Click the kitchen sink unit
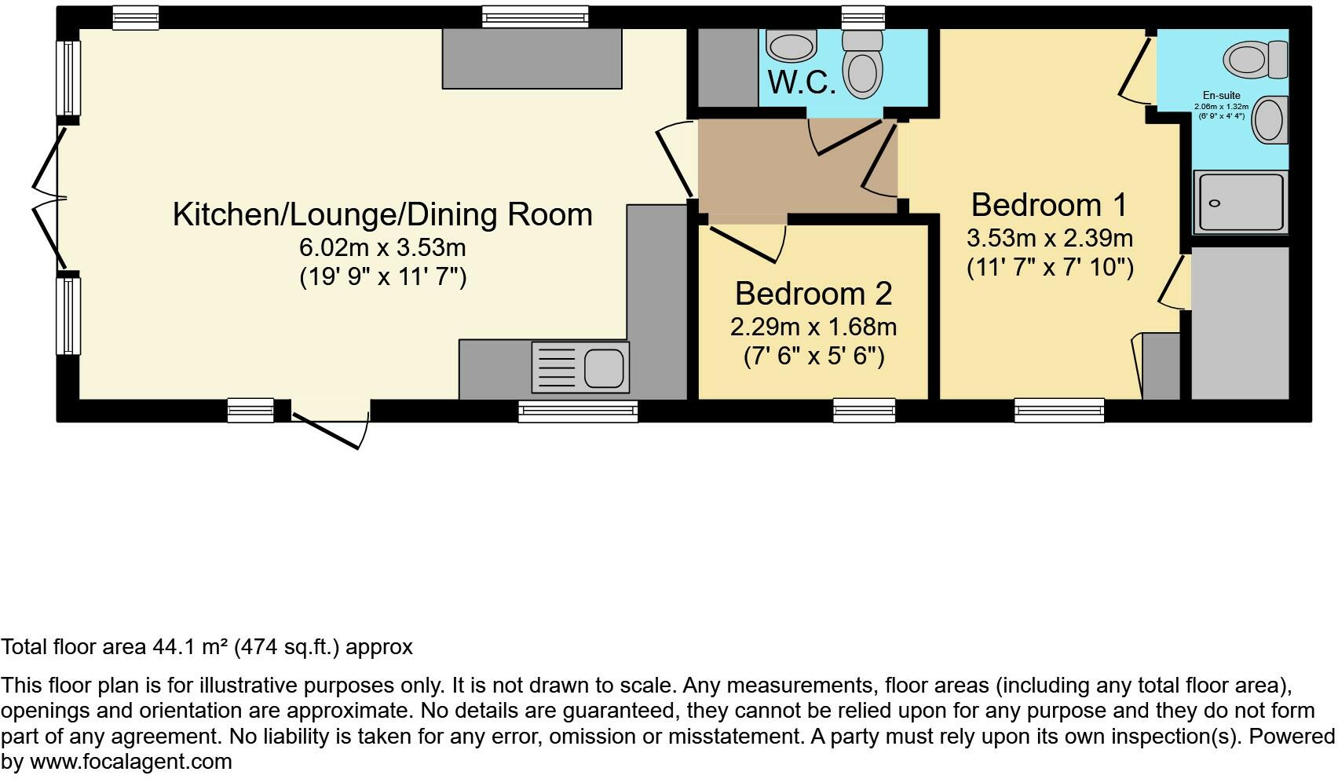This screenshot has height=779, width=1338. coord(580,367)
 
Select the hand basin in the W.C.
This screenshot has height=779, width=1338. coord(791,46)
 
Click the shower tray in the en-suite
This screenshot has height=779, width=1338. coord(1241,203)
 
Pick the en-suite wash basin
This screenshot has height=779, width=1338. coord(1270,120)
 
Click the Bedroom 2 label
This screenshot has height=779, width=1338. coord(813,294)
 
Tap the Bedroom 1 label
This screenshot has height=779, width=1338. coord(1049,205)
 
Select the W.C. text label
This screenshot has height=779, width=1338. coord(801,82)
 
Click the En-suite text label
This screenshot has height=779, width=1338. coord(1221,96)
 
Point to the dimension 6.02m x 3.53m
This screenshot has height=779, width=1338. coord(382,248)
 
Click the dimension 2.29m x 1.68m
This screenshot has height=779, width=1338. coord(813,327)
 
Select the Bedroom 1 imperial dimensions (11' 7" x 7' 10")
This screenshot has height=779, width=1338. coord(1050,268)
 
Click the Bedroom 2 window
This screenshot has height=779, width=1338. coord(864,410)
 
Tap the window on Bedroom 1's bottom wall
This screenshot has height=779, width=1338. coord(1058,410)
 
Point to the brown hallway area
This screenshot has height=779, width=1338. coord(785,169)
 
